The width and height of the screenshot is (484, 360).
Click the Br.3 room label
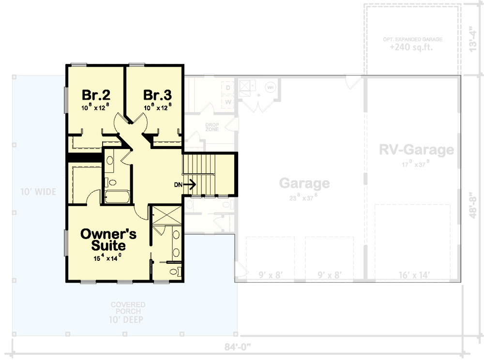157,94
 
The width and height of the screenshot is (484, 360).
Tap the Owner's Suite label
108,240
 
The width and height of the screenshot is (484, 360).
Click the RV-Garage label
416,150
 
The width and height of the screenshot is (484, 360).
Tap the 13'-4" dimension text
474,37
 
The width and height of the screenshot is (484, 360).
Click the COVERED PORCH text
128,308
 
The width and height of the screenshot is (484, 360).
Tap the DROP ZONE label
212,127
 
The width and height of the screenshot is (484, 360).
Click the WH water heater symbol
270,87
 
